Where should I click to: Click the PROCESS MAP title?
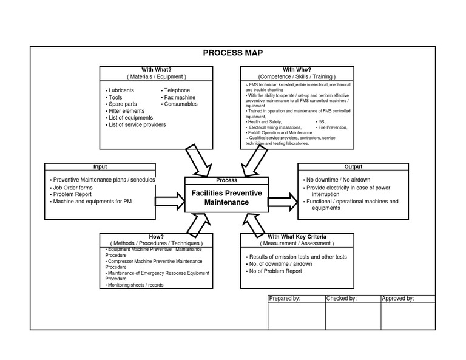[232, 53]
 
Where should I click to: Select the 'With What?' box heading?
[156, 69]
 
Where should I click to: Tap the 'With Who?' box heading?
[297, 69]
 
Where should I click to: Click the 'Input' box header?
[100, 166]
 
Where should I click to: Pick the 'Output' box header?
[353, 166]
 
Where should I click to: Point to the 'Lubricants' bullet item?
[121, 90]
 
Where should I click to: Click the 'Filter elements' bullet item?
[126, 111]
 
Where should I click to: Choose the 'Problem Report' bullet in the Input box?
[72, 194]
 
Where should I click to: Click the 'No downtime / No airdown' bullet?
[338, 180]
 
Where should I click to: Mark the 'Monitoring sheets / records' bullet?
[135, 285]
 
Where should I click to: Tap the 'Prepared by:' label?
[285, 299]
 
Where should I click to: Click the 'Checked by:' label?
[342, 299]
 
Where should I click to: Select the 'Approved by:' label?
[397, 299]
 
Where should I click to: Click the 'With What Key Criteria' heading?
[297, 236]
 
